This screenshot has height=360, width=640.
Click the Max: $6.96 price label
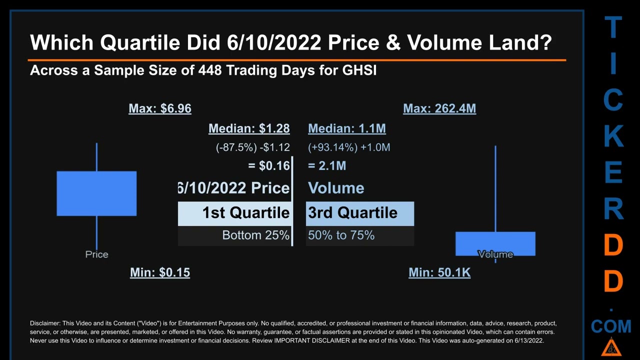[159, 108]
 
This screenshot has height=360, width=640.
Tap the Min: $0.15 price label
[159, 272]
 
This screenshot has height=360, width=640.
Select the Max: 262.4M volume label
[439, 108]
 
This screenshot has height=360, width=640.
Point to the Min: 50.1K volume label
[439, 272]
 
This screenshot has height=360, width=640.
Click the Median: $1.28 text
[248, 128]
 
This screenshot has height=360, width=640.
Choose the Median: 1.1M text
[346, 128]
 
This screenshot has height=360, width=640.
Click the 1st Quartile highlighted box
[234, 213]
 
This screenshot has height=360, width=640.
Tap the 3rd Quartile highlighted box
[360, 213]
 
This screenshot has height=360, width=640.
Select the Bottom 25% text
[255, 235]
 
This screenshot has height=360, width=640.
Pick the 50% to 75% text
[341, 235]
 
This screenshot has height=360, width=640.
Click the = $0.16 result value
[268, 165]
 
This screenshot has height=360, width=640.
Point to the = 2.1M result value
[327, 165]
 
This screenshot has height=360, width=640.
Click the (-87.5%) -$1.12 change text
[252, 147]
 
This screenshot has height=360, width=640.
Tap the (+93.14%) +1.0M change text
[349, 147]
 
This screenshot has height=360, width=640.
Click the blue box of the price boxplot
[96, 193]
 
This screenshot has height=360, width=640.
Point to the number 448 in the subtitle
[210, 70]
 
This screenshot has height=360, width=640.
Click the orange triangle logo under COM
[610, 347]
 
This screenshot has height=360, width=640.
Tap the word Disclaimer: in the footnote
[45, 323]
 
